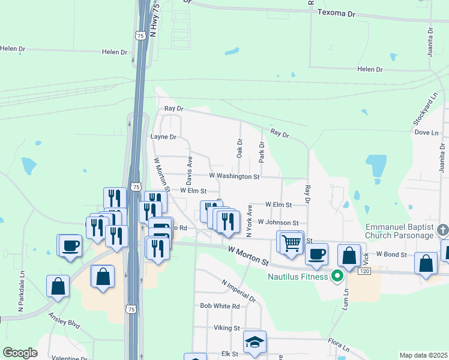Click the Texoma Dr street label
(336, 13)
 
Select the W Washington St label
(234, 176)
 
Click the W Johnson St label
(278, 223)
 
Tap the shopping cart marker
(291, 243)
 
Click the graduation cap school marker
(255, 343)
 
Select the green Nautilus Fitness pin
(337, 277)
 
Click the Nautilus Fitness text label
(298, 277)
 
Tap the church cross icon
(442, 230)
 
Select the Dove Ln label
(426, 132)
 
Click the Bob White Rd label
(220, 306)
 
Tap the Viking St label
(227, 328)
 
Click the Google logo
(20, 353)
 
